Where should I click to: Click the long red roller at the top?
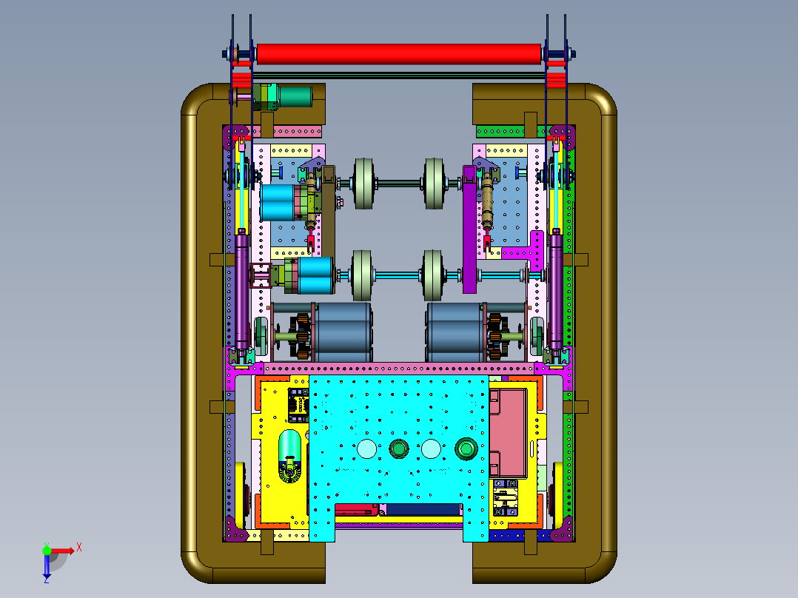(398, 54)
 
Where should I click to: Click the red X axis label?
(79, 548)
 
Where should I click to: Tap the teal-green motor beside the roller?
(294, 97)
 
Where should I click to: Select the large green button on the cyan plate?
(466, 449)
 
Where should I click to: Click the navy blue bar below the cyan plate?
(424, 509)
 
